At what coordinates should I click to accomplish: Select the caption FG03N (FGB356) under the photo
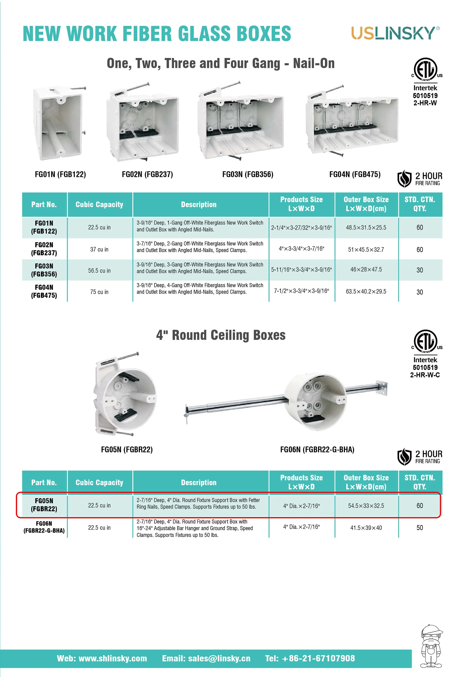(248, 175)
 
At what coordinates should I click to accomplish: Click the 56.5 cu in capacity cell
(99, 271)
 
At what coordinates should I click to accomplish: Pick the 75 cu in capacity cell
(99, 292)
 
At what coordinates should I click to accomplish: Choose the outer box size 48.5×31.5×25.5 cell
(366, 227)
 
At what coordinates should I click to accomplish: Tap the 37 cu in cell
(99, 249)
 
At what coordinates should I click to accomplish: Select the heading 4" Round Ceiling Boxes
(221, 335)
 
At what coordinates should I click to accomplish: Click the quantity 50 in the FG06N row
(419, 528)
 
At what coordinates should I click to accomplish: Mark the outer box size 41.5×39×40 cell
(366, 528)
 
